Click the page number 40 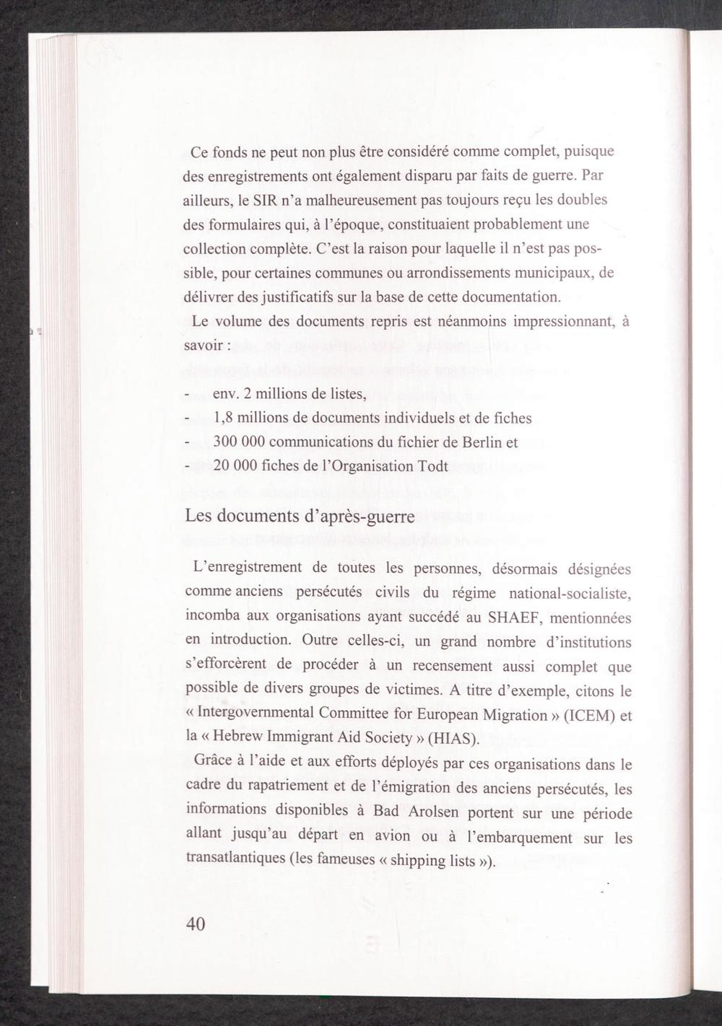[196, 924]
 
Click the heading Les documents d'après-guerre [300, 517]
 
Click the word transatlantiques [235, 860]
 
